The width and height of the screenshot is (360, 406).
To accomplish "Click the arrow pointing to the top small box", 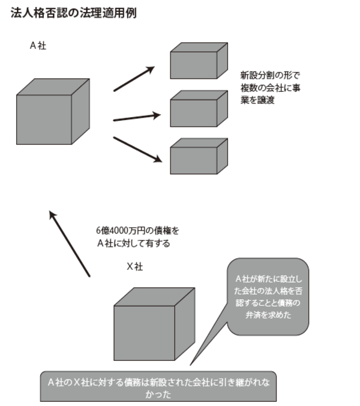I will [x=134, y=79].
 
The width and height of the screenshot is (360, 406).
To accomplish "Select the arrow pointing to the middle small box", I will [x=137, y=117].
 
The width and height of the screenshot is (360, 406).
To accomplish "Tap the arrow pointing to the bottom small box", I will [x=137, y=150].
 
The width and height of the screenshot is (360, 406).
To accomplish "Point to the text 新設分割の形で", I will [x=269, y=76].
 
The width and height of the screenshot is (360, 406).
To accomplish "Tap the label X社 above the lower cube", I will [x=134, y=267].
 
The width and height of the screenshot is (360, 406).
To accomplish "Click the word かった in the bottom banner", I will [x=158, y=395].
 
